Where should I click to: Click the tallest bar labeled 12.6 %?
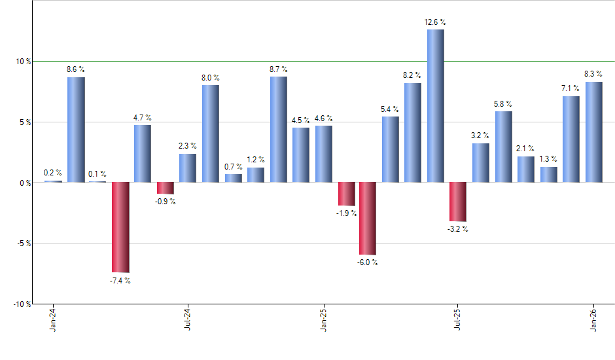436,106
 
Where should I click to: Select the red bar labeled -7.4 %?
120,227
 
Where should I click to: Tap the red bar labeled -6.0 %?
368,219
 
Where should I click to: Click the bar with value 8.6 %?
76,130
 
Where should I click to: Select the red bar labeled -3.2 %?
458,202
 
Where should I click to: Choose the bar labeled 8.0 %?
211,134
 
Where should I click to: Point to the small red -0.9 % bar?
166,188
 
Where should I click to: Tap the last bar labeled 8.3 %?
594,132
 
